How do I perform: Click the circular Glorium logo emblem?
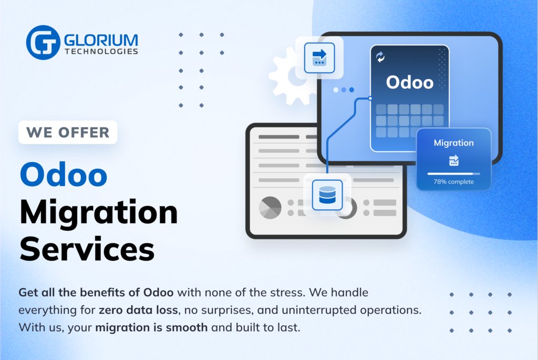click(43, 43)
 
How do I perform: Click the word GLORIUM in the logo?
click(101, 40)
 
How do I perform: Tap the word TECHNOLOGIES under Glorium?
click(101, 52)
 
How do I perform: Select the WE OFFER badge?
click(68, 132)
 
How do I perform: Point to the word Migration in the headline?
click(99, 212)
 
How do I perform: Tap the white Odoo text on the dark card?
click(410, 83)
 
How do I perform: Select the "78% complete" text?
click(453, 182)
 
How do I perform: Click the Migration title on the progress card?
click(453, 143)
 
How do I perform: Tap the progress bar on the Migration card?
click(453, 173)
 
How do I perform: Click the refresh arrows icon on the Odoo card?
click(380, 57)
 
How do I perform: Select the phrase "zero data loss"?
click(138, 310)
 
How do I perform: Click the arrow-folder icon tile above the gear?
click(319, 58)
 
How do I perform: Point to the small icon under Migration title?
click(453, 160)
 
